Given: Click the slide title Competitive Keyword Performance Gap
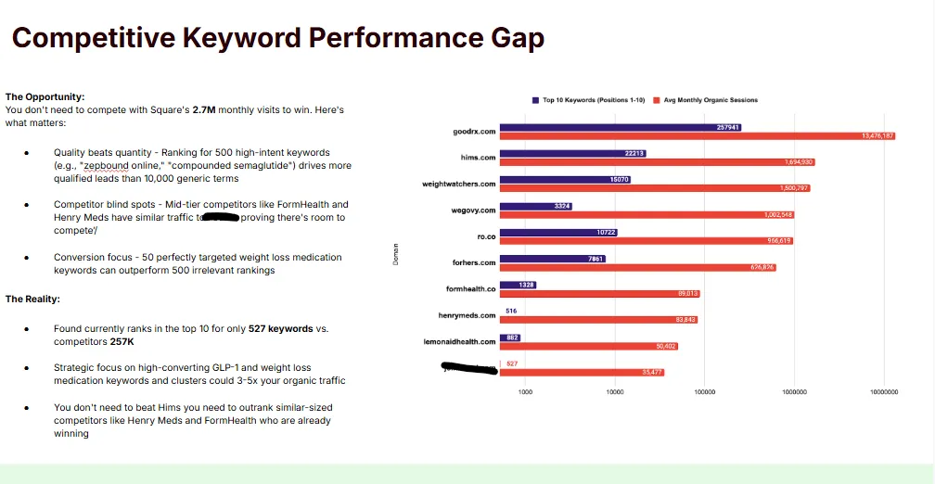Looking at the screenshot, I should pos(277,39).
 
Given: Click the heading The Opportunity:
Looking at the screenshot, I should pos(45,96).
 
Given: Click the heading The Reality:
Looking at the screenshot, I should pos(34,299).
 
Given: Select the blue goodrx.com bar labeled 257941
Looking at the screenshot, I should pos(620,127).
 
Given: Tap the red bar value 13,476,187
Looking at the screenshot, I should pos(877,136).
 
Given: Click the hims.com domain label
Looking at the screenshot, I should pos(478,158).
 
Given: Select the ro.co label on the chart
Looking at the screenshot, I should pos(486,236).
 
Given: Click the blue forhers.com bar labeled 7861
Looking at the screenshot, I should pos(552,259).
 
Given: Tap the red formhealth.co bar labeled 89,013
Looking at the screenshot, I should pos(599,293).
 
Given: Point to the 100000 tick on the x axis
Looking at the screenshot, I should pos(704,392).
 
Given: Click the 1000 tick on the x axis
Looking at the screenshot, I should pos(525,392).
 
